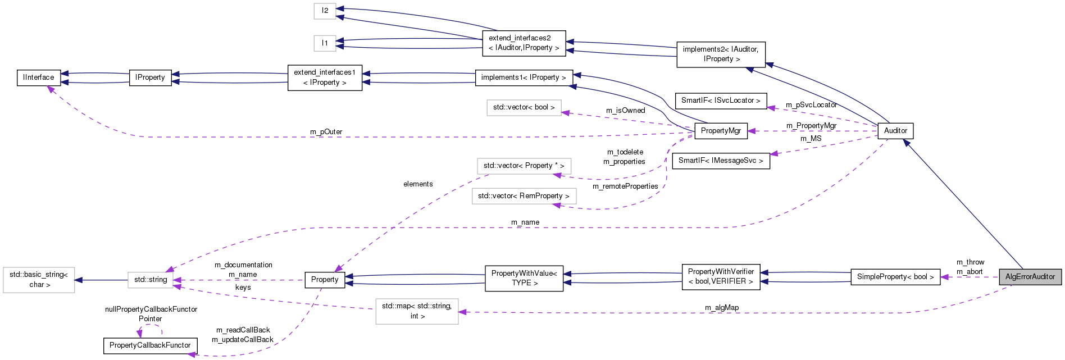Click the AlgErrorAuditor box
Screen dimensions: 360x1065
[1030, 277]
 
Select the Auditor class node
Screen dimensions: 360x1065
[895, 131]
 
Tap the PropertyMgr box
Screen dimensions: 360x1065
[721, 131]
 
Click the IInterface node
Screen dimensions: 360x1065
[39, 78]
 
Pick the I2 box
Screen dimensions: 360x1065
[325, 11]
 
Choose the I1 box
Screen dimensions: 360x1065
[325, 43]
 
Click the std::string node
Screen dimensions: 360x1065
[151, 280]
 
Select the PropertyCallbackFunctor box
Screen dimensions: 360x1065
[150, 345]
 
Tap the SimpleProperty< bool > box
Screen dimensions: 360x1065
[895, 277]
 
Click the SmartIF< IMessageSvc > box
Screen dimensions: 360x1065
[721, 161]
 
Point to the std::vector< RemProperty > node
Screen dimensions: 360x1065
[524, 196]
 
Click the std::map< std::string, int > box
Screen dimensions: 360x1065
[417, 311]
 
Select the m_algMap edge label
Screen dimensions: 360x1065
[722, 308]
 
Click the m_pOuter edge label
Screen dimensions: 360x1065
[326, 132]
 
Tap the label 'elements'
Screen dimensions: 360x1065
[418, 184]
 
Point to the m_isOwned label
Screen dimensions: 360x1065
[625, 111]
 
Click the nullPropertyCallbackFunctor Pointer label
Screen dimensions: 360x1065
[151, 314]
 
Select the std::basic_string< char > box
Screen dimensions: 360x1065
[39, 280]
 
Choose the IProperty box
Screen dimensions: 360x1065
[150, 78]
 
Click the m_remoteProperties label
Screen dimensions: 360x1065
[625, 186]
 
